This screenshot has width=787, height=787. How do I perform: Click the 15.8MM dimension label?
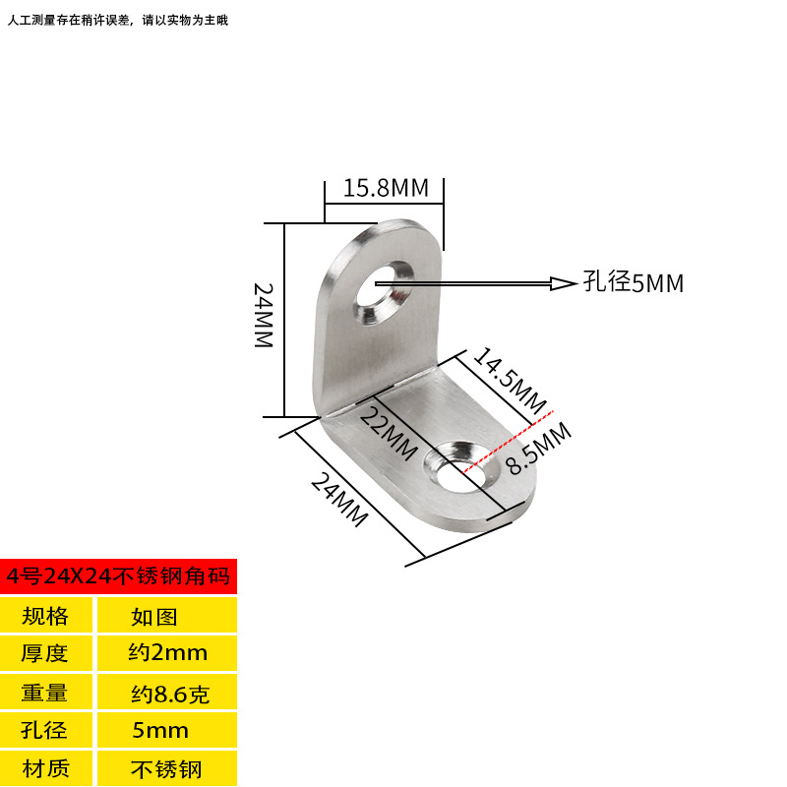pos(386,188)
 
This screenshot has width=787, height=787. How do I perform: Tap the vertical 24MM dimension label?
pos(264,315)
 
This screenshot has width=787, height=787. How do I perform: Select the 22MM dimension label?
pos(389,434)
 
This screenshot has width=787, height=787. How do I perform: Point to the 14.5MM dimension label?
pos(510,381)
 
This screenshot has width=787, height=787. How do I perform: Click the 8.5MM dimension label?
pos(538,449)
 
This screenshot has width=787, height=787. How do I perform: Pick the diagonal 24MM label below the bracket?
pos(339,500)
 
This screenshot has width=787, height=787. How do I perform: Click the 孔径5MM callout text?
pos(634,282)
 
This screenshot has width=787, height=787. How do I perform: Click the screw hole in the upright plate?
pos(385,292)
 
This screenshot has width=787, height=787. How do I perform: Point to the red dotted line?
pos(508,442)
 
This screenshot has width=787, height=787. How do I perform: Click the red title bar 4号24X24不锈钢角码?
pos(118,576)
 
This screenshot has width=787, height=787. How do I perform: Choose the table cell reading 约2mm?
pos(167,653)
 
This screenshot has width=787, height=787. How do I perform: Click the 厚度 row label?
pos(44,653)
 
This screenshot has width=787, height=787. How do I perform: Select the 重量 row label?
pos(44,693)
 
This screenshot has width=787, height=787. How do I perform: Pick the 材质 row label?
pos(45,768)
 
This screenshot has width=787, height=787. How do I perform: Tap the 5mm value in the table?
pos(160,730)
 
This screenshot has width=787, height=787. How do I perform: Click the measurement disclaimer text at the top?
pos(118,20)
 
